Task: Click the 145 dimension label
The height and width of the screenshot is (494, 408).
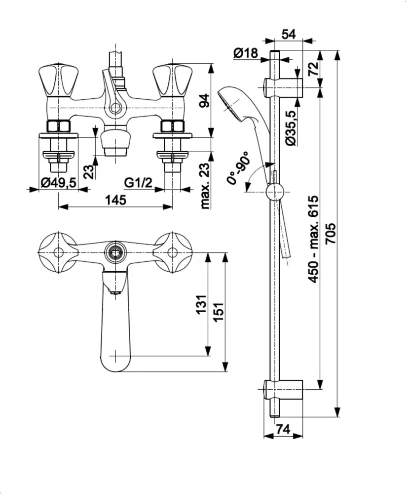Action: tap(115, 200)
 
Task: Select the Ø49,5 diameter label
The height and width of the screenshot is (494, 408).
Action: tap(58, 183)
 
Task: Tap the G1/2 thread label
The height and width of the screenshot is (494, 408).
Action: tap(138, 183)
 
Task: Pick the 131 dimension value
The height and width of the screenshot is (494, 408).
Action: tap(202, 306)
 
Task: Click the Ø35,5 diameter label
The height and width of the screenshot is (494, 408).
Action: tap(291, 128)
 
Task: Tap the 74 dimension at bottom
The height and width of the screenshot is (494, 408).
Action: tap(283, 430)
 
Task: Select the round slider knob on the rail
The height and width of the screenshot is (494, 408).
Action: tap(274, 192)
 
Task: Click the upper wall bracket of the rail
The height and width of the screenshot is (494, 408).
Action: tap(283, 87)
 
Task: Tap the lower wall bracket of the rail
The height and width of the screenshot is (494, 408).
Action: tap(283, 390)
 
